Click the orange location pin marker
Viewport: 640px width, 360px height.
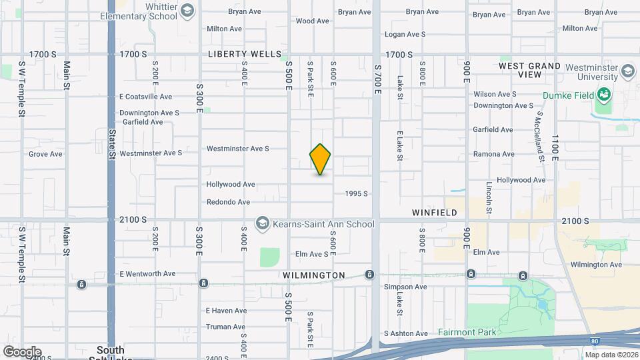click(x=320, y=159)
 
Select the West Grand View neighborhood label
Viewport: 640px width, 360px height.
click(x=530, y=71)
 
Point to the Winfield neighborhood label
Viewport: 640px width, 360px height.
click(x=434, y=213)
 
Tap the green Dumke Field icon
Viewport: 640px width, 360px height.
click(x=604, y=94)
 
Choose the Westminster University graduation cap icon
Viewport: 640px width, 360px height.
click(x=627, y=71)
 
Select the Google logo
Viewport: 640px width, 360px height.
click(x=21, y=351)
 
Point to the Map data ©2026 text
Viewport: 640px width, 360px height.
click(x=611, y=355)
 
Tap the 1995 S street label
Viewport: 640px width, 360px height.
click(x=357, y=193)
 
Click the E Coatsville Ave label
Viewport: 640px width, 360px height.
click(x=146, y=96)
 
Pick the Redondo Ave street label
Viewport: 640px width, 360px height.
click(x=228, y=202)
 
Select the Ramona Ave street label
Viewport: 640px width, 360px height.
click(x=494, y=154)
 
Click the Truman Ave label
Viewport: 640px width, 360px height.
click(x=226, y=327)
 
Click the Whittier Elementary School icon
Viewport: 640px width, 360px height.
click(x=187, y=10)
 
